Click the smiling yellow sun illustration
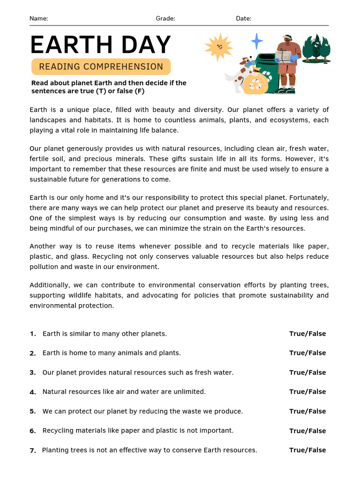pos(218,47)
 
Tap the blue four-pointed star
pos(257,41)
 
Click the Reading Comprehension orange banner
pos(101,67)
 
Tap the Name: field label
pos(38,19)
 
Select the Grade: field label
pos(165,19)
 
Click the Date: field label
pos(243,19)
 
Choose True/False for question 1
pos(307,334)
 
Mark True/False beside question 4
pos(307,392)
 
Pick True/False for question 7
pos(307,450)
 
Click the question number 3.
pos(32,373)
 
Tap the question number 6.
pos(32,431)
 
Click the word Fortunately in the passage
pos(307,197)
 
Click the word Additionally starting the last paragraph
pos(50,285)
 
